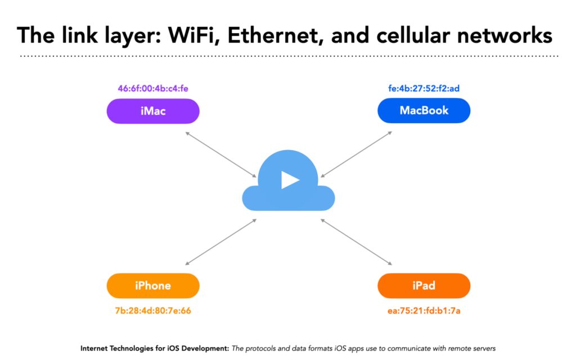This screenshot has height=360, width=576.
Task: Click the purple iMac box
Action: [x=153, y=111]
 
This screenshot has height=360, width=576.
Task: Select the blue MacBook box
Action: [x=424, y=110]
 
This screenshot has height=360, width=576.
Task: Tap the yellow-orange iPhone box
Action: [x=153, y=285]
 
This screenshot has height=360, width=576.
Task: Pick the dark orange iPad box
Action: [x=424, y=285]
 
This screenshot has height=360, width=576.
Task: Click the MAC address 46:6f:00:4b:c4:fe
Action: [x=153, y=88]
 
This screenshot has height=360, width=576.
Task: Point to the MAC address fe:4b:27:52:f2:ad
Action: [x=424, y=88]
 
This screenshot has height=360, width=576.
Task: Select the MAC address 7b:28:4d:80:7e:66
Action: [x=153, y=310]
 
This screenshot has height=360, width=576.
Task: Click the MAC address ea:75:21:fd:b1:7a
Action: [x=424, y=310]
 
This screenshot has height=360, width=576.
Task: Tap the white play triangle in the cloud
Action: [x=290, y=180]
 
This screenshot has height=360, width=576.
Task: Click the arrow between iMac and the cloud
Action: [x=220, y=155]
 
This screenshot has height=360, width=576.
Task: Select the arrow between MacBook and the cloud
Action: [x=356, y=154]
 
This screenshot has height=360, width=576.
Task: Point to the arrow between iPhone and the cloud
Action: [x=220, y=242]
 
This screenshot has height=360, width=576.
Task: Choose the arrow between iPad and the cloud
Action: [x=356, y=242]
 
